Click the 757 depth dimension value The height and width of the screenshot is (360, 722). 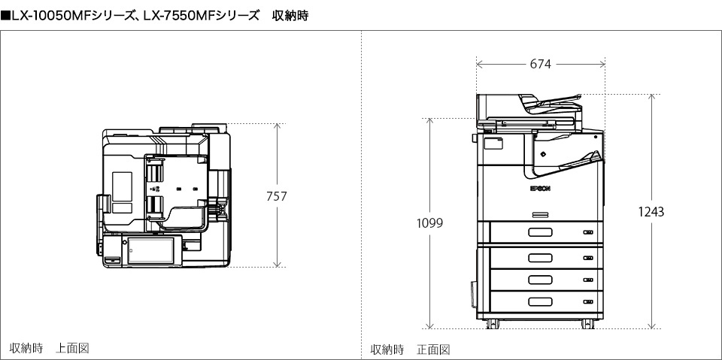pyautogui.click(x=277, y=196)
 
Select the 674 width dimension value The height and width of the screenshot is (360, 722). pyautogui.click(x=540, y=65)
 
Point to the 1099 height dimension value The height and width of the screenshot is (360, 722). pyautogui.click(x=430, y=223)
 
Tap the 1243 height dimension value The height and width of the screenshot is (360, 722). pyautogui.click(x=651, y=212)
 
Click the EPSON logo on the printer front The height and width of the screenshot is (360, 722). pyautogui.click(x=540, y=189)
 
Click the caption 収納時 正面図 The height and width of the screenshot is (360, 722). pyautogui.click(x=410, y=349)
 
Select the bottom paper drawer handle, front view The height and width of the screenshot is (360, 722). pyautogui.click(x=540, y=302)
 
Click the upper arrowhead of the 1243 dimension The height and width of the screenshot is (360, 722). pyautogui.click(x=651, y=97)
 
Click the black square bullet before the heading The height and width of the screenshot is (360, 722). pyautogui.click(x=5, y=14)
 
